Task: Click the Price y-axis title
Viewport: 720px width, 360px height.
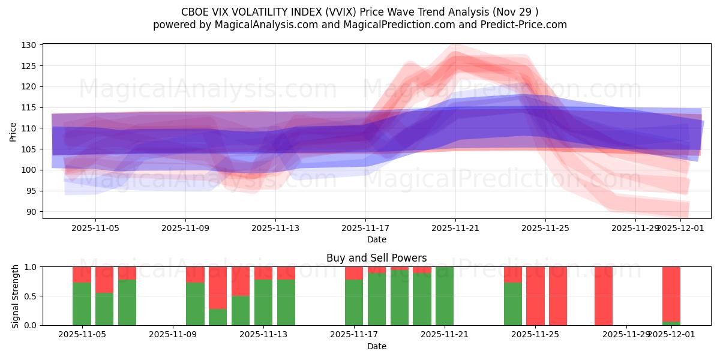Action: coord(13,131)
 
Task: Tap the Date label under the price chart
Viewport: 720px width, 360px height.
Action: coord(376,239)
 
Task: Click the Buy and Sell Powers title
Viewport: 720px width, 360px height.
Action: coord(376,258)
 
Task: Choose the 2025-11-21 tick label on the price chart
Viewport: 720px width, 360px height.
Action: coord(455,228)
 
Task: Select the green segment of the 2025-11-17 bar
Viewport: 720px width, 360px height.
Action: coord(354,302)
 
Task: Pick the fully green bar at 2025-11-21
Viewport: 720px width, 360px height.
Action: coord(445,296)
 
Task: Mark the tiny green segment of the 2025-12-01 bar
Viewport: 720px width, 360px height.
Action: coord(671,323)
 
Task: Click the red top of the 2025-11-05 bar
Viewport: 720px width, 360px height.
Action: coord(82,274)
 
